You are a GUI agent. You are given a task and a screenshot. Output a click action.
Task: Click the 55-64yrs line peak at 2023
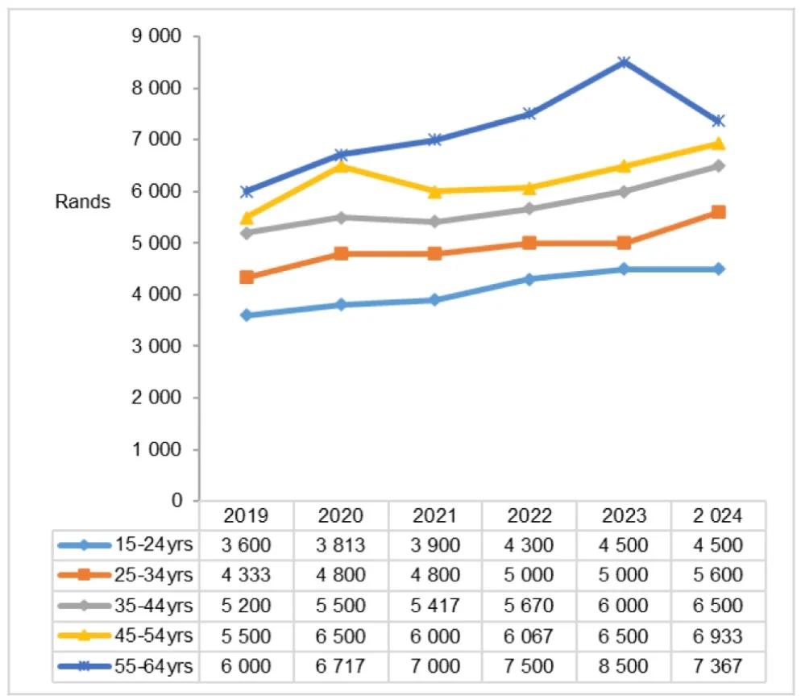pyautogui.click(x=624, y=62)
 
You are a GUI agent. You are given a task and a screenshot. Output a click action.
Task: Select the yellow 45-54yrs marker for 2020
pyautogui.click(x=341, y=165)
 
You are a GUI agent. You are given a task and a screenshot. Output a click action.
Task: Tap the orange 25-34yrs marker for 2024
pyautogui.click(x=718, y=212)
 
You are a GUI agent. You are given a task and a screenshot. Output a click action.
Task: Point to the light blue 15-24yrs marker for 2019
pyautogui.click(x=246, y=315)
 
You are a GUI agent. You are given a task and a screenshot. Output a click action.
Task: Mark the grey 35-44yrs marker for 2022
pyautogui.click(x=529, y=209)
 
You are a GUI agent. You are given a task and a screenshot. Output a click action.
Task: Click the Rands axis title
pyautogui.click(x=82, y=202)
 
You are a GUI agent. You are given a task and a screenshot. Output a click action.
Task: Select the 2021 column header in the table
pyautogui.click(x=435, y=515)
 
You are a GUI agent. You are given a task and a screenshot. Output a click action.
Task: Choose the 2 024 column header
pyautogui.click(x=718, y=515)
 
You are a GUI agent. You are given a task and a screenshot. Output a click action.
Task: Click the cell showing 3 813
pyautogui.click(x=341, y=544)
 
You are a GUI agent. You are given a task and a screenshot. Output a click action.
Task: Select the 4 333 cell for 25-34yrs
pyautogui.click(x=247, y=575)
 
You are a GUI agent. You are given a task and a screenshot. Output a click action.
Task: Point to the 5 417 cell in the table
pyautogui.click(x=435, y=605)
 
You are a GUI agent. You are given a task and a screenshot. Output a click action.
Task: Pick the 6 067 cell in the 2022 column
pyautogui.click(x=529, y=636)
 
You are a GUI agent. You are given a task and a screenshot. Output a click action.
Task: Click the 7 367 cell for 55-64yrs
pyautogui.click(x=718, y=666)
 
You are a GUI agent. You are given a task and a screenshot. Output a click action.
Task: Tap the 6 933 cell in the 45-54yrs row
pyautogui.click(x=718, y=636)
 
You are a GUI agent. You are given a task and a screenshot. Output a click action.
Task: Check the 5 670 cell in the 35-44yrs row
pyautogui.click(x=529, y=605)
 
